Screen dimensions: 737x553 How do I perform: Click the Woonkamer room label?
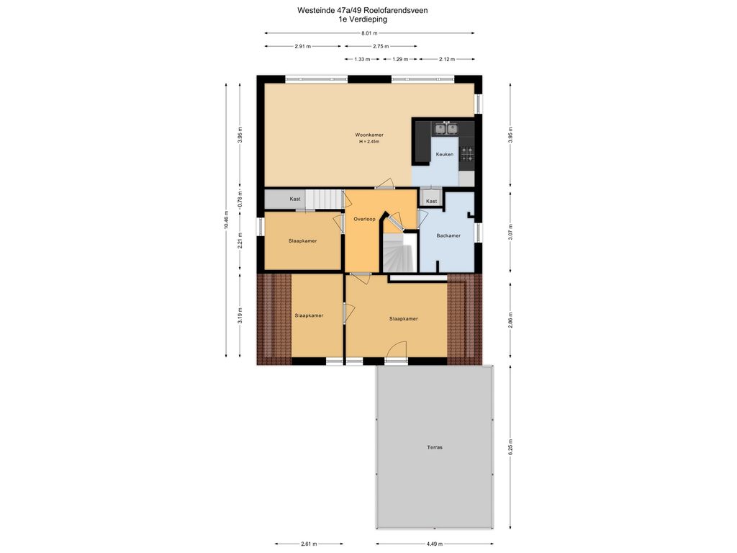click(x=369, y=135)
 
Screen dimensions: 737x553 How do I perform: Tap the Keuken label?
click(x=444, y=154)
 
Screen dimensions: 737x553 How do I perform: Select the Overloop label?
click(x=364, y=219)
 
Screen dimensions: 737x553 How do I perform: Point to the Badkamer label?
click(x=448, y=235)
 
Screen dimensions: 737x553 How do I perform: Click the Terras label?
click(x=435, y=447)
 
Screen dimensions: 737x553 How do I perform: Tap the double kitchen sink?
click(x=446, y=128)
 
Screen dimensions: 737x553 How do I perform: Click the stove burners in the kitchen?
click(x=466, y=153)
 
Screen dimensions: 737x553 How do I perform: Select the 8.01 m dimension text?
click(x=369, y=33)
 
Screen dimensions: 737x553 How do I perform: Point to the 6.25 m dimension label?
click(x=510, y=448)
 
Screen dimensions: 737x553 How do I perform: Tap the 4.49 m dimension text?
click(x=434, y=544)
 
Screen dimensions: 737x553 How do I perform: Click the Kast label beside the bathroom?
click(x=431, y=202)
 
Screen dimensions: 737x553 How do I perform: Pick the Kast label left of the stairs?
click(x=294, y=199)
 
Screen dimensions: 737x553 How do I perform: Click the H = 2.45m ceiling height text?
click(x=369, y=142)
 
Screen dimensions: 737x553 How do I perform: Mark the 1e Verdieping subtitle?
click(x=363, y=19)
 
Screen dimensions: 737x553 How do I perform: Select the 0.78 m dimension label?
click(x=240, y=199)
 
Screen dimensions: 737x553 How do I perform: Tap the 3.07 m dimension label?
click(x=510, y=233)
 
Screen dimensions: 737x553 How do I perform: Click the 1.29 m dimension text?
click(x=400, y=59)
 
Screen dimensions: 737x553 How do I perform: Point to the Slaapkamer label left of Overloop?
click(x=303, y=240)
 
